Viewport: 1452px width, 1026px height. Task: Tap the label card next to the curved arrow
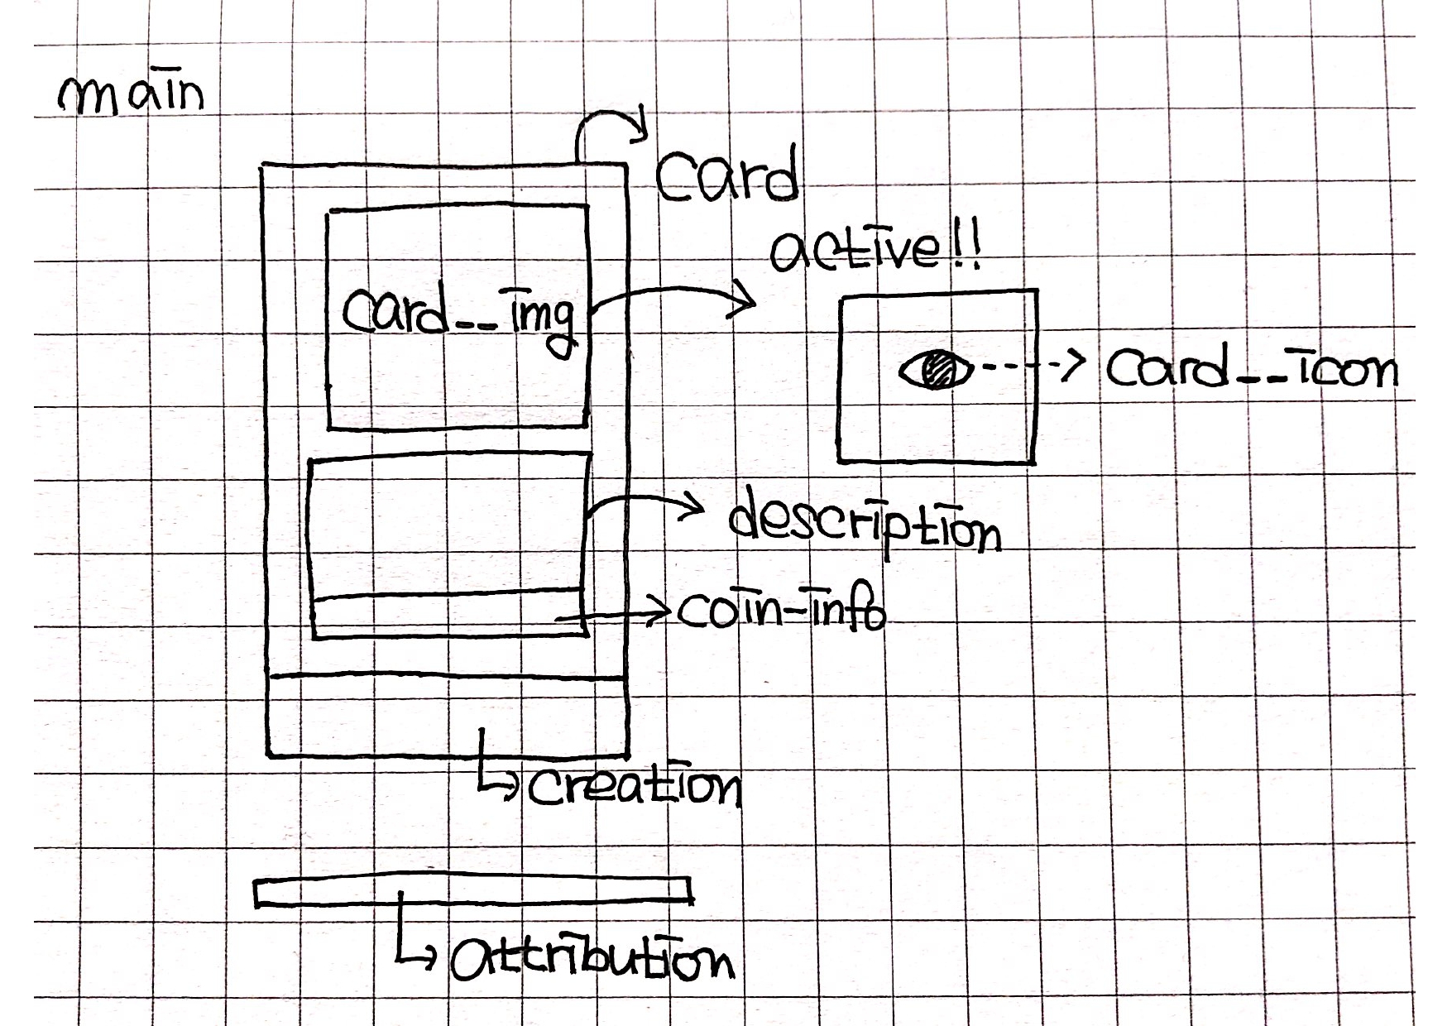[729, 175]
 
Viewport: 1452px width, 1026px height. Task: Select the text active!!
[875, 247]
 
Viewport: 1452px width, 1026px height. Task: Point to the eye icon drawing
[936, 368]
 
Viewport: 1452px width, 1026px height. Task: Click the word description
[865, 524]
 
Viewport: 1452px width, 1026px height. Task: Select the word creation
[635, 788]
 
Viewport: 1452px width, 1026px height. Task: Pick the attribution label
[592, 960]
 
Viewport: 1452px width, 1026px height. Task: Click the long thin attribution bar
[473, 890]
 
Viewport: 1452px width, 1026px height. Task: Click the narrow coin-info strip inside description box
[449, 614]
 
